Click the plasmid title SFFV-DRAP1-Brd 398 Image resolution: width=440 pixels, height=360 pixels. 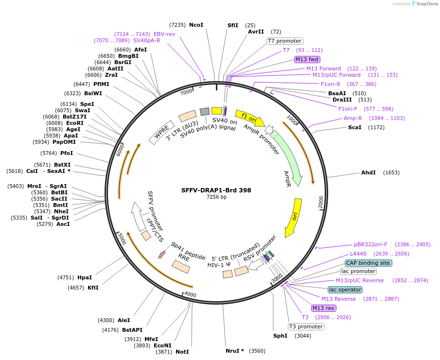click(216, 190)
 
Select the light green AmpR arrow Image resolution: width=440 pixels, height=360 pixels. click(288, 156)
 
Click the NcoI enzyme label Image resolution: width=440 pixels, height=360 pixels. click(196, 25)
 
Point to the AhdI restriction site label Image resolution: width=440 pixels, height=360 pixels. click(369, 172)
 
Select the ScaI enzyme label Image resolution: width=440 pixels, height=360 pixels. click(355, 127)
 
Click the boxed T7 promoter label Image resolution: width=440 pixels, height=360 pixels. click(285, 41)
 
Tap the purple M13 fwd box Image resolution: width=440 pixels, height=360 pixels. click(307, 59)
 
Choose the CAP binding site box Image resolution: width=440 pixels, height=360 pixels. click(368, 263)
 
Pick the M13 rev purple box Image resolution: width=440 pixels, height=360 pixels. click(324, 308)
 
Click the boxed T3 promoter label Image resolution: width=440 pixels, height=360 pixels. click(306, 326)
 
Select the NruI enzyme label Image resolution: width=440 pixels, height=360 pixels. click(235, 351)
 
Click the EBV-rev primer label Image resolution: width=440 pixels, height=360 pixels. click(164, 34)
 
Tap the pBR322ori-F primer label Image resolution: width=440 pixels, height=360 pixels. click(370, 244)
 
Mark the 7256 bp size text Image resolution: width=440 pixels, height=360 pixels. click(216, 197)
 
